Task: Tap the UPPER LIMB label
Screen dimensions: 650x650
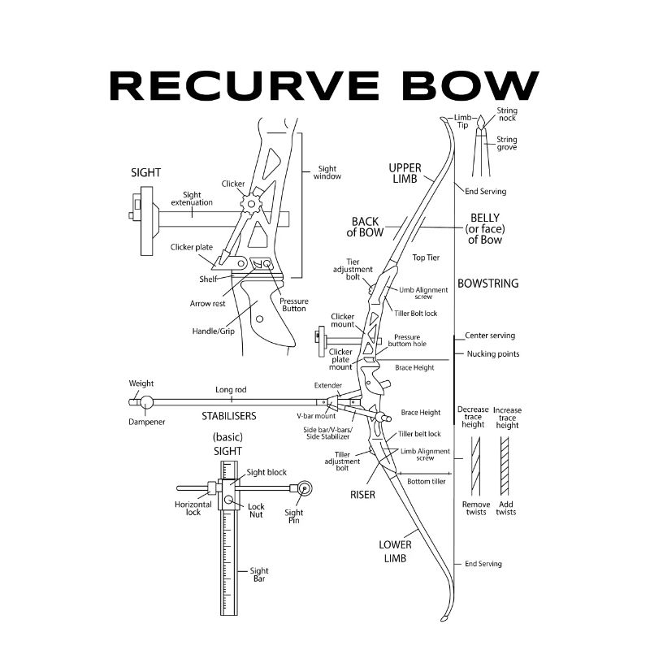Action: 405,173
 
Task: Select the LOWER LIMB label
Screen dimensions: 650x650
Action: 395,552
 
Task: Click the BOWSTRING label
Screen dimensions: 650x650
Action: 487,284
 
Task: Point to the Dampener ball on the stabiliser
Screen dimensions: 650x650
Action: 146,401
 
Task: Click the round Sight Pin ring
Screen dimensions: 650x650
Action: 305,488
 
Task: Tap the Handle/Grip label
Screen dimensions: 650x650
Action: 214,331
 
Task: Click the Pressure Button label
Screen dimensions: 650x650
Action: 293,305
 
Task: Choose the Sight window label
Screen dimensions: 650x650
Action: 327,172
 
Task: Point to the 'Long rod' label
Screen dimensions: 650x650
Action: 231,390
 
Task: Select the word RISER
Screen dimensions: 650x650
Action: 362,494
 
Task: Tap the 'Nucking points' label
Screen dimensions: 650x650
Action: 493,354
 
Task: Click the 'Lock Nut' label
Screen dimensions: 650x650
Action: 256,511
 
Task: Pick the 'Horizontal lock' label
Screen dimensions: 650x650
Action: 193,508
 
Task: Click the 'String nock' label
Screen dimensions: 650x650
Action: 507,115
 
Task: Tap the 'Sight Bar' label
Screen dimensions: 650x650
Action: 259,575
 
